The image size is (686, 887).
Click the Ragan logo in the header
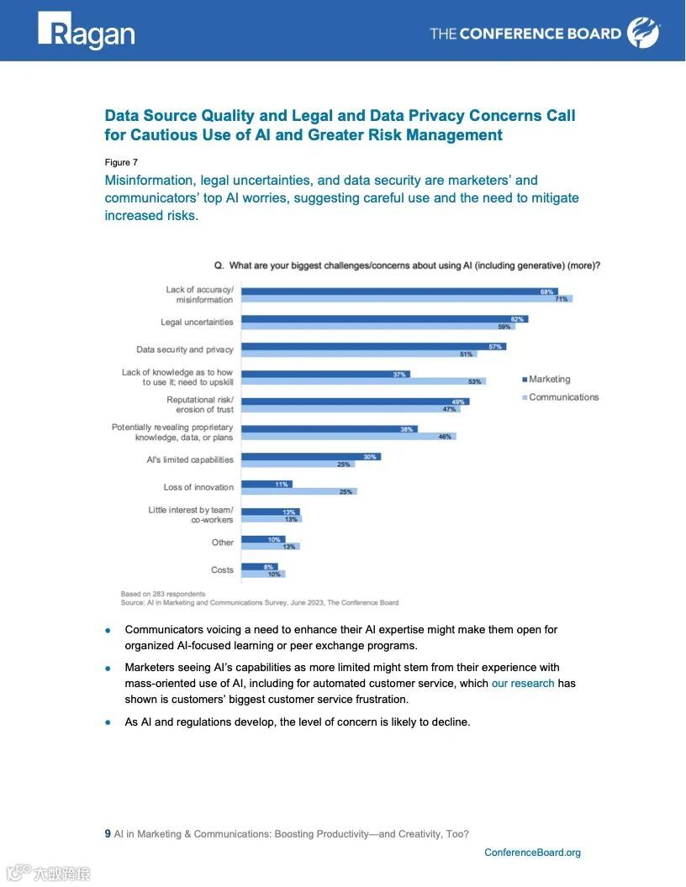click(x=86, y=32)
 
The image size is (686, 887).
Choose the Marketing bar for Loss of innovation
click(x=266, y=484)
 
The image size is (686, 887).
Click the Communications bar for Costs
click(x=263, y=574)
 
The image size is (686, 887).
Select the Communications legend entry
click(x=560, y=397)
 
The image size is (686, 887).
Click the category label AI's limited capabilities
click(x=190, y=459)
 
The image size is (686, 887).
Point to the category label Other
click(x=223, y=543)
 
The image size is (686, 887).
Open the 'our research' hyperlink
click(x=522, y=683)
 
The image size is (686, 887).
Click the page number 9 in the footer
click(x=108, y=834)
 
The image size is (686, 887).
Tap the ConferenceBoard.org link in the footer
click(x=532, y=853)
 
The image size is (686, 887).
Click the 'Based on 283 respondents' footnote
click(x=163, y=594)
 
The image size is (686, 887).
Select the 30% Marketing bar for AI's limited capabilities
click(x=310, y=456)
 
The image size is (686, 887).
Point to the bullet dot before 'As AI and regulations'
click(x=108, y=722)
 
